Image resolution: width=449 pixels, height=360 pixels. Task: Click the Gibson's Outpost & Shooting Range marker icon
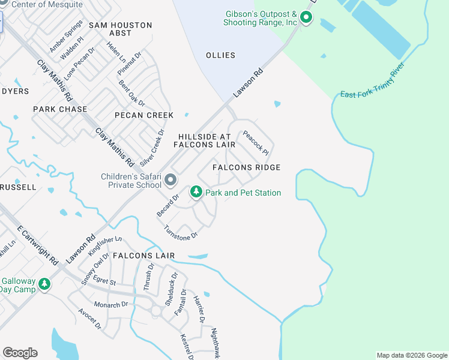306,17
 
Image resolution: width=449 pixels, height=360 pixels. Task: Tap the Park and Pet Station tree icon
196,192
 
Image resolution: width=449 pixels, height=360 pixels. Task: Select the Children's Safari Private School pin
170,180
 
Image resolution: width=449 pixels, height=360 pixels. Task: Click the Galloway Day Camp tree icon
44,284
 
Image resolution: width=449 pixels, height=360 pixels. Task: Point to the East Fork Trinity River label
373,85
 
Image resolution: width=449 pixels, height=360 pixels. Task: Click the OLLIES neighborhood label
220,55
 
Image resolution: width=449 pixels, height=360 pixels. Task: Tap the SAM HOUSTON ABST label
121,29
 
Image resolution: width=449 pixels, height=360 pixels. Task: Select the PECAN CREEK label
145,115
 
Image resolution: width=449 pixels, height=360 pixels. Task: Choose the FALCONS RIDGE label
247,167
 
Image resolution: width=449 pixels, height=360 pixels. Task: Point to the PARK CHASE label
60,109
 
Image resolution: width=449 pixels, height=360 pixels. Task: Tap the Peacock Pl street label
255,142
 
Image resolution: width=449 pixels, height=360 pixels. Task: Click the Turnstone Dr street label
181,233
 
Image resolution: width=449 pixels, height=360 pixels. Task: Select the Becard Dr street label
167,205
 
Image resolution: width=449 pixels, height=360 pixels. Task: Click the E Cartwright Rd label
38,245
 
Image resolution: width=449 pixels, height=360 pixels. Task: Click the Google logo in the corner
20,353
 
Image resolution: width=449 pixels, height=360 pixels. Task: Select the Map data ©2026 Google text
411,355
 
